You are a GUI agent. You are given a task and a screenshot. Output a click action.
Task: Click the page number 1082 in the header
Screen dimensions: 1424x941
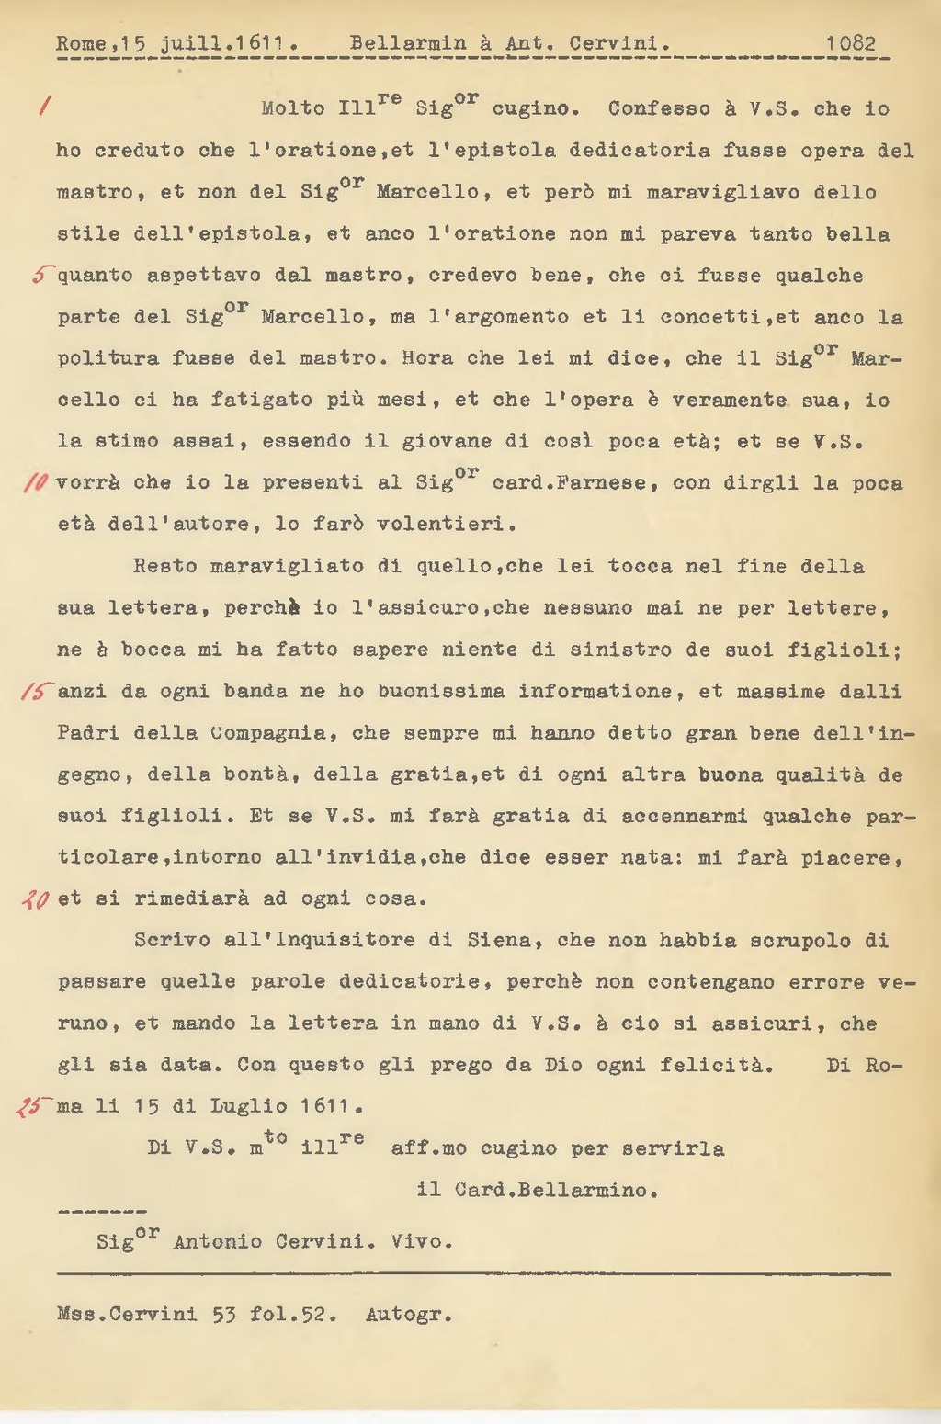pyautogui.click(x=850, y=43)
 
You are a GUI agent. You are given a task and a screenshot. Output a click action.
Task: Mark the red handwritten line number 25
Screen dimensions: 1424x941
pyautogui.click(x=30, y=1107)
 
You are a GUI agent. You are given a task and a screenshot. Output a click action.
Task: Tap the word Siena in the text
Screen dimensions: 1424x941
pyautogui.click(x=499, y=941)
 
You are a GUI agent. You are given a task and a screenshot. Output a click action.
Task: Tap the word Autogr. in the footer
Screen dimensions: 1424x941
pyautogui.click(x=409, y=1315)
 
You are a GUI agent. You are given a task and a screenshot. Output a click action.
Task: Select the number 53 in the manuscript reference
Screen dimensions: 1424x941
pyautogui.click(x=224, y=1315)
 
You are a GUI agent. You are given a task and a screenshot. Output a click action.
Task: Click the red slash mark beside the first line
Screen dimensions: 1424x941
pyautogui.click(x=43, y=107)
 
